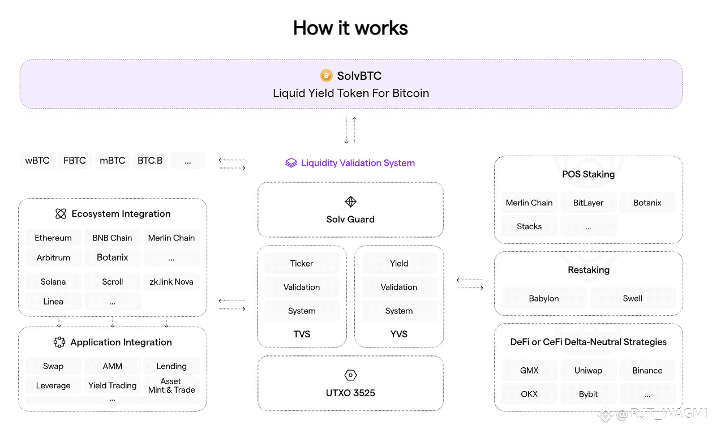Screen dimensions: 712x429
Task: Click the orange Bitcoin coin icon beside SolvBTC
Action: pos(326,76)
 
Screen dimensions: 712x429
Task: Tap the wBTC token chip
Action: pos(37,161)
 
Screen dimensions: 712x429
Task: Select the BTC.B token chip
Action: pos(150,161)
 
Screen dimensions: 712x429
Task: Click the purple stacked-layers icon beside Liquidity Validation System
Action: pos(291,162)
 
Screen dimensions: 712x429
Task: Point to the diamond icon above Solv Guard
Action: pos(350,201)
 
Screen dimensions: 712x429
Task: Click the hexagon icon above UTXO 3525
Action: pos(350,375)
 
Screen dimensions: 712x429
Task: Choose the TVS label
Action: pos(302,334)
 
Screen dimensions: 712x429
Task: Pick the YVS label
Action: pos(399,334)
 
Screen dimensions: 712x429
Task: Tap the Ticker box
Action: pos(302,263)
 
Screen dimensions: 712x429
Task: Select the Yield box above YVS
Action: pos(399,263)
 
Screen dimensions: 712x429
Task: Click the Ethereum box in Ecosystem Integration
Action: pos(53,238)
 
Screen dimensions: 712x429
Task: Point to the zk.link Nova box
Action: pos(171,281)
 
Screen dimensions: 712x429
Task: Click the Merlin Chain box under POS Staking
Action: pos(529,203)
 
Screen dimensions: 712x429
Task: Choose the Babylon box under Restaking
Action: pos(544,298)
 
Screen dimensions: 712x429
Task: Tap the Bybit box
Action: pos(588,394)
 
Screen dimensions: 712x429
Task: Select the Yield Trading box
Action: pos(112,385)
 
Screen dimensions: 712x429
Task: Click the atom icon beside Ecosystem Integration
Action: pos(61,213)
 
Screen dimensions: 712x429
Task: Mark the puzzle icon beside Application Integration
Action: pos(59,342)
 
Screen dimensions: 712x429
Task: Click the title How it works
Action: pos(350,28)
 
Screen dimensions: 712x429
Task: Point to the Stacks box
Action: pos(529,226)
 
